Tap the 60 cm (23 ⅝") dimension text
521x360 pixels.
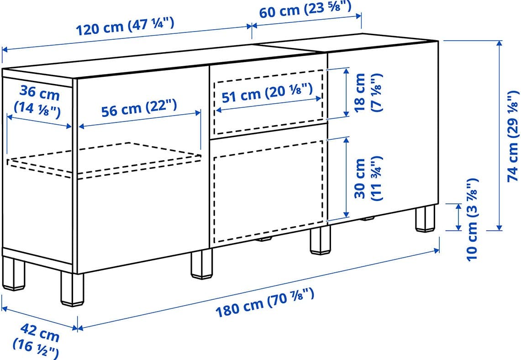(x=305, y=10)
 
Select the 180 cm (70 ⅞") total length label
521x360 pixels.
(x=265, y=302)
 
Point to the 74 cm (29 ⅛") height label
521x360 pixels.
(x=512, y=136)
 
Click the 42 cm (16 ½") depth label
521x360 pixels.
(x=36, y=341)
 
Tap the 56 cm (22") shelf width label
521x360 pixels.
(x=139, y=108)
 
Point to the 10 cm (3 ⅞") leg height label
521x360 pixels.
(x=472, y=220)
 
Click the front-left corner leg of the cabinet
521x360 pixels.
(x=72, y=289)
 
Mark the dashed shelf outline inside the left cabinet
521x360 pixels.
(x=104, y=160)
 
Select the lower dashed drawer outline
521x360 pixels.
(x=268, y=192)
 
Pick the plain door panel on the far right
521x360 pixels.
(x=383, y=130)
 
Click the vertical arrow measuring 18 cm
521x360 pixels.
(x=346, y=92)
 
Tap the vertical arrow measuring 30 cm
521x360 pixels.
(x=346, y=177)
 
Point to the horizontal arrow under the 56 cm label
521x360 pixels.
(x=140, y=120)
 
